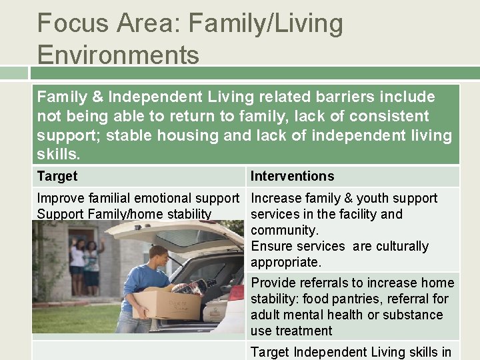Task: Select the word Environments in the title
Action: pos(118,55)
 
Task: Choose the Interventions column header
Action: pos(292,176)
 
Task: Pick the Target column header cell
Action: pos(57,176)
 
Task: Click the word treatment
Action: pos(305,331)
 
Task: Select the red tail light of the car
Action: pos(235,293)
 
